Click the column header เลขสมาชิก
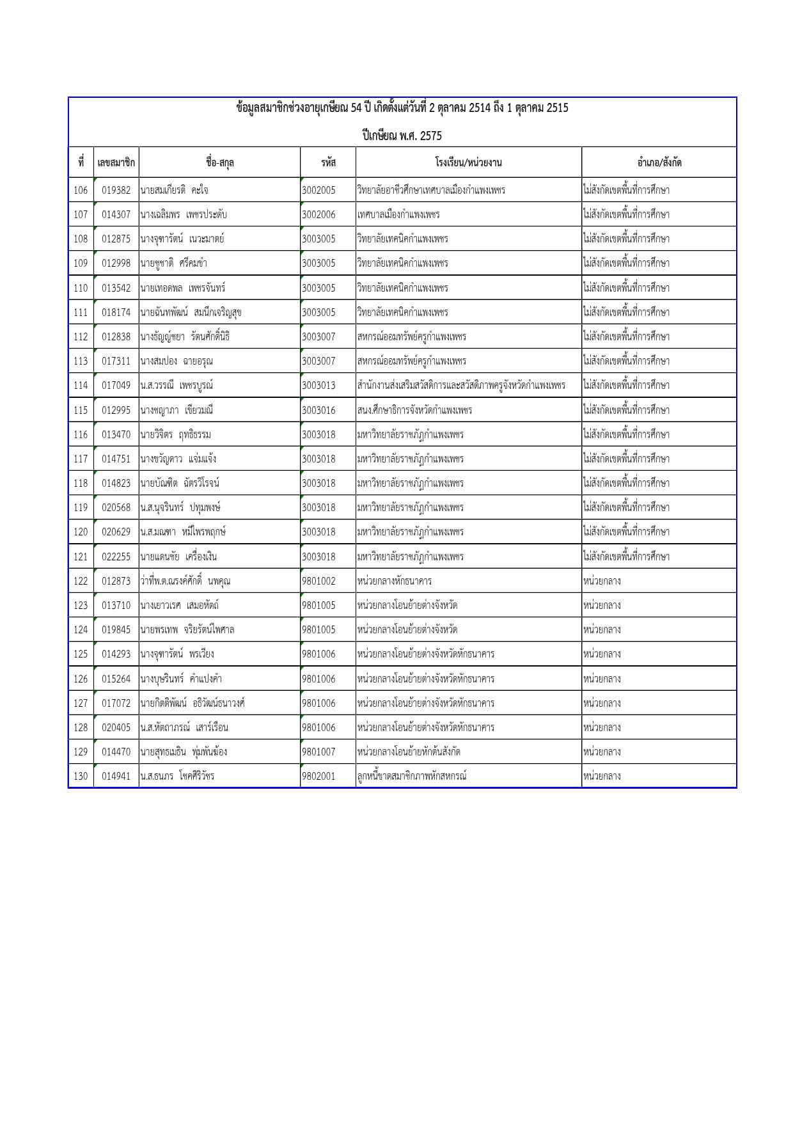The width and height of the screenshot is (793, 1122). pos(116,162)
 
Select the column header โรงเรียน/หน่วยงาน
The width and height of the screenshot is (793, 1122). pos(468,162)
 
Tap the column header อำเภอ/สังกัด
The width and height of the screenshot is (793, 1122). pos(659,162)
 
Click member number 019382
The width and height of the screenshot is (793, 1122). pos(116,190)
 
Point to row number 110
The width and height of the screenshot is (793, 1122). pos(81,288)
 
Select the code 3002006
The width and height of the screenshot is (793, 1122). pos(318,214)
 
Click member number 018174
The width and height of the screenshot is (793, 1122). pos(116,312)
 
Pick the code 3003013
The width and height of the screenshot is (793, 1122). pos(318,385)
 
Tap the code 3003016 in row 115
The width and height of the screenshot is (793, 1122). pos(318,410)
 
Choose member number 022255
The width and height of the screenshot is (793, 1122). pos(116,557)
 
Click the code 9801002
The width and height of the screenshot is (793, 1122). pos(318,581)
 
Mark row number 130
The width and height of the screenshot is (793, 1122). pos(81,776)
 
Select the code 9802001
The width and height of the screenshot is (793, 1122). pos(318,776)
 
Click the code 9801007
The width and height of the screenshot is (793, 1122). pos(318,752)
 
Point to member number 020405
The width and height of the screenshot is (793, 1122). pos(116,727)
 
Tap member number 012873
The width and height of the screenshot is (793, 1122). pos(116,581)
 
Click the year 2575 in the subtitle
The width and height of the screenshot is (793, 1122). pos(431,136)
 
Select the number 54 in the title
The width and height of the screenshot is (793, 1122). pos(356,107)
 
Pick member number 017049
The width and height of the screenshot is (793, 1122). pos(116,385)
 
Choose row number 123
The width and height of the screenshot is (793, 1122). pos(81,605)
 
